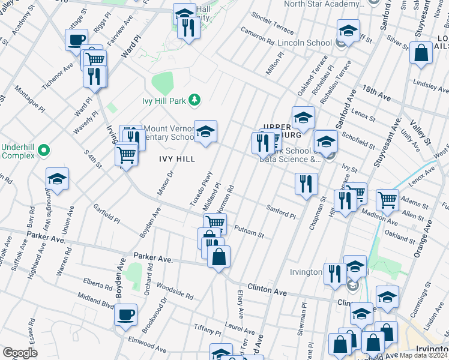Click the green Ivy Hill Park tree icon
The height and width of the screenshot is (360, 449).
194,98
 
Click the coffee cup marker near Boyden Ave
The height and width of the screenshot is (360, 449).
125,314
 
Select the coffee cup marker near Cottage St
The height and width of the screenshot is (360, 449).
76,40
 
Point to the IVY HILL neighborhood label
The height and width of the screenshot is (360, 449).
176,159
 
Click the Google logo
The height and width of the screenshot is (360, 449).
20,353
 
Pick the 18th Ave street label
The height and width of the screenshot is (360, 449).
376,92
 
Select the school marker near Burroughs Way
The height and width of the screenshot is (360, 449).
58,179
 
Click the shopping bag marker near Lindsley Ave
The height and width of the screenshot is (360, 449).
421,52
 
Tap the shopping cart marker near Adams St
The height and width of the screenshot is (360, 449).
387,200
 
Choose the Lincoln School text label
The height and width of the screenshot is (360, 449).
304,43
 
